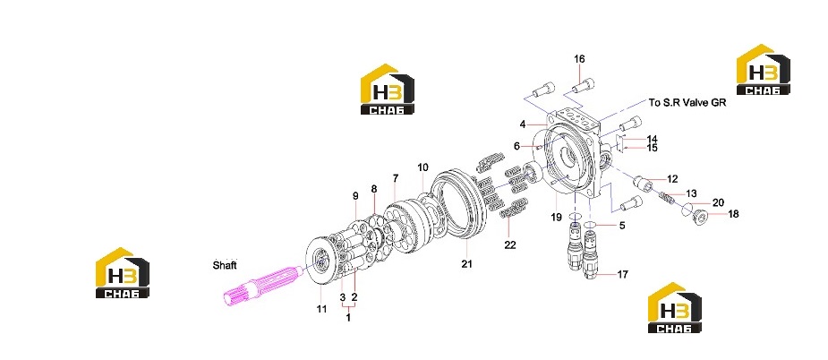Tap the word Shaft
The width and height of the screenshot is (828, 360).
click(x=225, y=265)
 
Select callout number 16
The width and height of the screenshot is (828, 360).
click(x=579, y=59)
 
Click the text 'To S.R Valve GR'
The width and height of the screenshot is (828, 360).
click(x=687, y=103)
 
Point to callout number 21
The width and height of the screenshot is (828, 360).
click(x=466, y=264)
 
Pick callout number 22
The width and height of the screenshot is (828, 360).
click(x=509, y=244)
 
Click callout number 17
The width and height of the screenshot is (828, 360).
click(x=623, y=274)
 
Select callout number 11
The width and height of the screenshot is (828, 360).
click(x=321, y=309)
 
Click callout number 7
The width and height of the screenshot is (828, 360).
click(x=396, y=179)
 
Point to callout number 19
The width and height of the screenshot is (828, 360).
click(x=556, y=217)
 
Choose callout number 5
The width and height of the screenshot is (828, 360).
click(x=622, y=226)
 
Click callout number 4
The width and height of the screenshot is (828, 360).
click(x=522, y=124)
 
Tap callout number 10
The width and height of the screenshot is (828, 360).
click(x=423, y=168)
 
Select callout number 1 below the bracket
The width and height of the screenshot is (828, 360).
click(x=348, y=318)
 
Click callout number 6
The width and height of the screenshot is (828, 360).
click(x=516, y=147)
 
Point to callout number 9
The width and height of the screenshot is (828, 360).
click(x=355, y=196)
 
